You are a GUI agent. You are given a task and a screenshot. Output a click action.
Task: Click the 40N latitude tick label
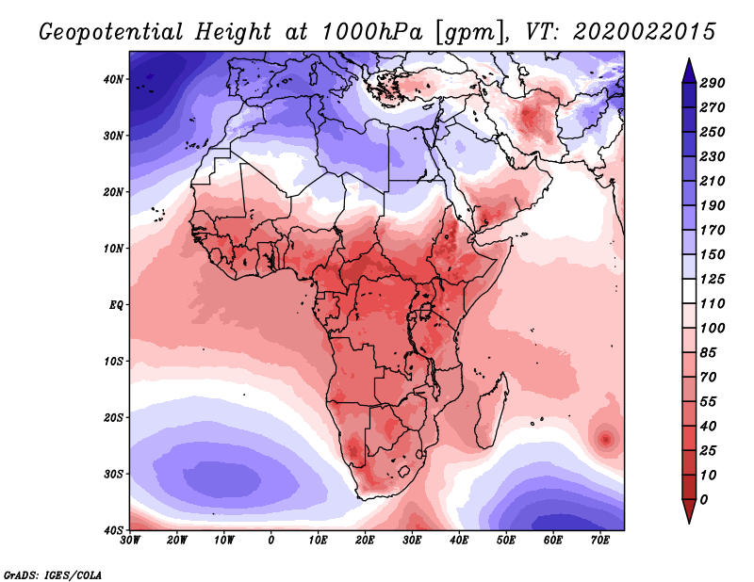point(113,79)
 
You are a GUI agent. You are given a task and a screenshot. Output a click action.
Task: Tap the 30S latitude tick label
point(113,474)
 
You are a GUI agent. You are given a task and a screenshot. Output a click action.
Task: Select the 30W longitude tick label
point(130,541)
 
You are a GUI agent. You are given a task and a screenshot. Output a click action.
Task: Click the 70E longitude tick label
point(600,541)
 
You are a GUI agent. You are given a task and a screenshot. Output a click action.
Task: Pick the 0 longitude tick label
point(271,541)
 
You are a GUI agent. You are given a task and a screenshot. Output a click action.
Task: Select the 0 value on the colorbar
point(704,498)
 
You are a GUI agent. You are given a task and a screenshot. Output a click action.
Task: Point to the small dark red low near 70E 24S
point(604,438)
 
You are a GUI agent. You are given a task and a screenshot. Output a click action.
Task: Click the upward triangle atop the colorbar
point(688,68)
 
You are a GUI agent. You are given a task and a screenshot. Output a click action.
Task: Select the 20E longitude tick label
point(366,541)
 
